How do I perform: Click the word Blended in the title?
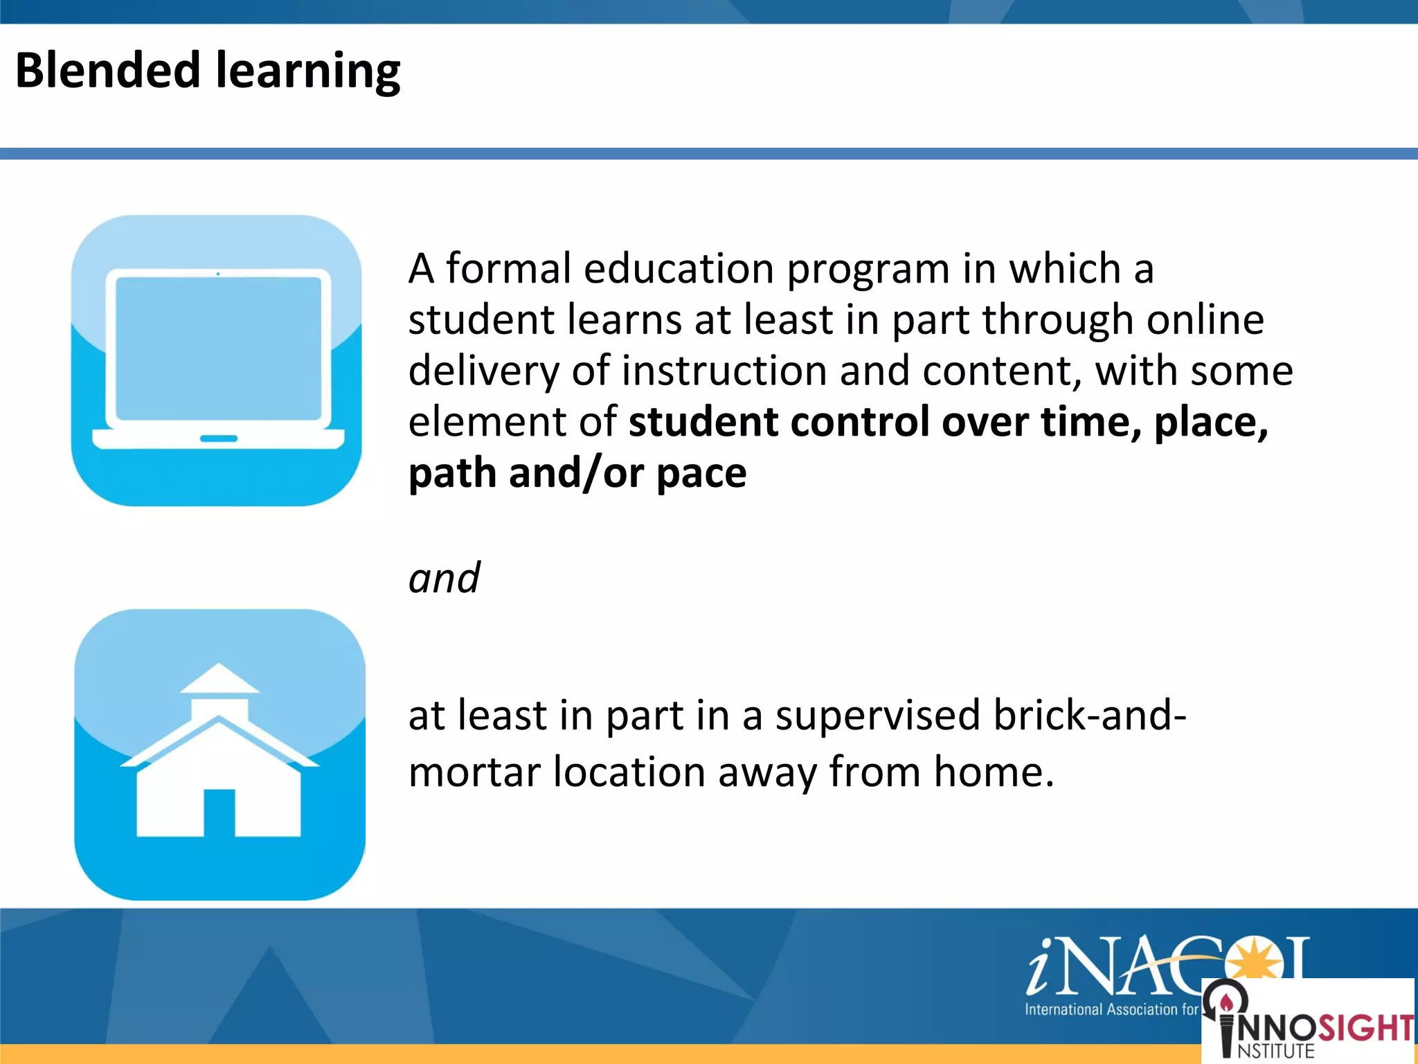tap(108, 71)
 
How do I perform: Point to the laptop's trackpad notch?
tap(218, 438)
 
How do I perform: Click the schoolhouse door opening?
tap(219, 813)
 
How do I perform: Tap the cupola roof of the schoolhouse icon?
tap(219, 679)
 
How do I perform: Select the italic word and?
tap(444, 578)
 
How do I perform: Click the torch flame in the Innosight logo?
tap(1226, 1002)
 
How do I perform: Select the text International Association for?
tap(1111, 1009)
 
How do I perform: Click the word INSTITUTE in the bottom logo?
tap(1275, 1051)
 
